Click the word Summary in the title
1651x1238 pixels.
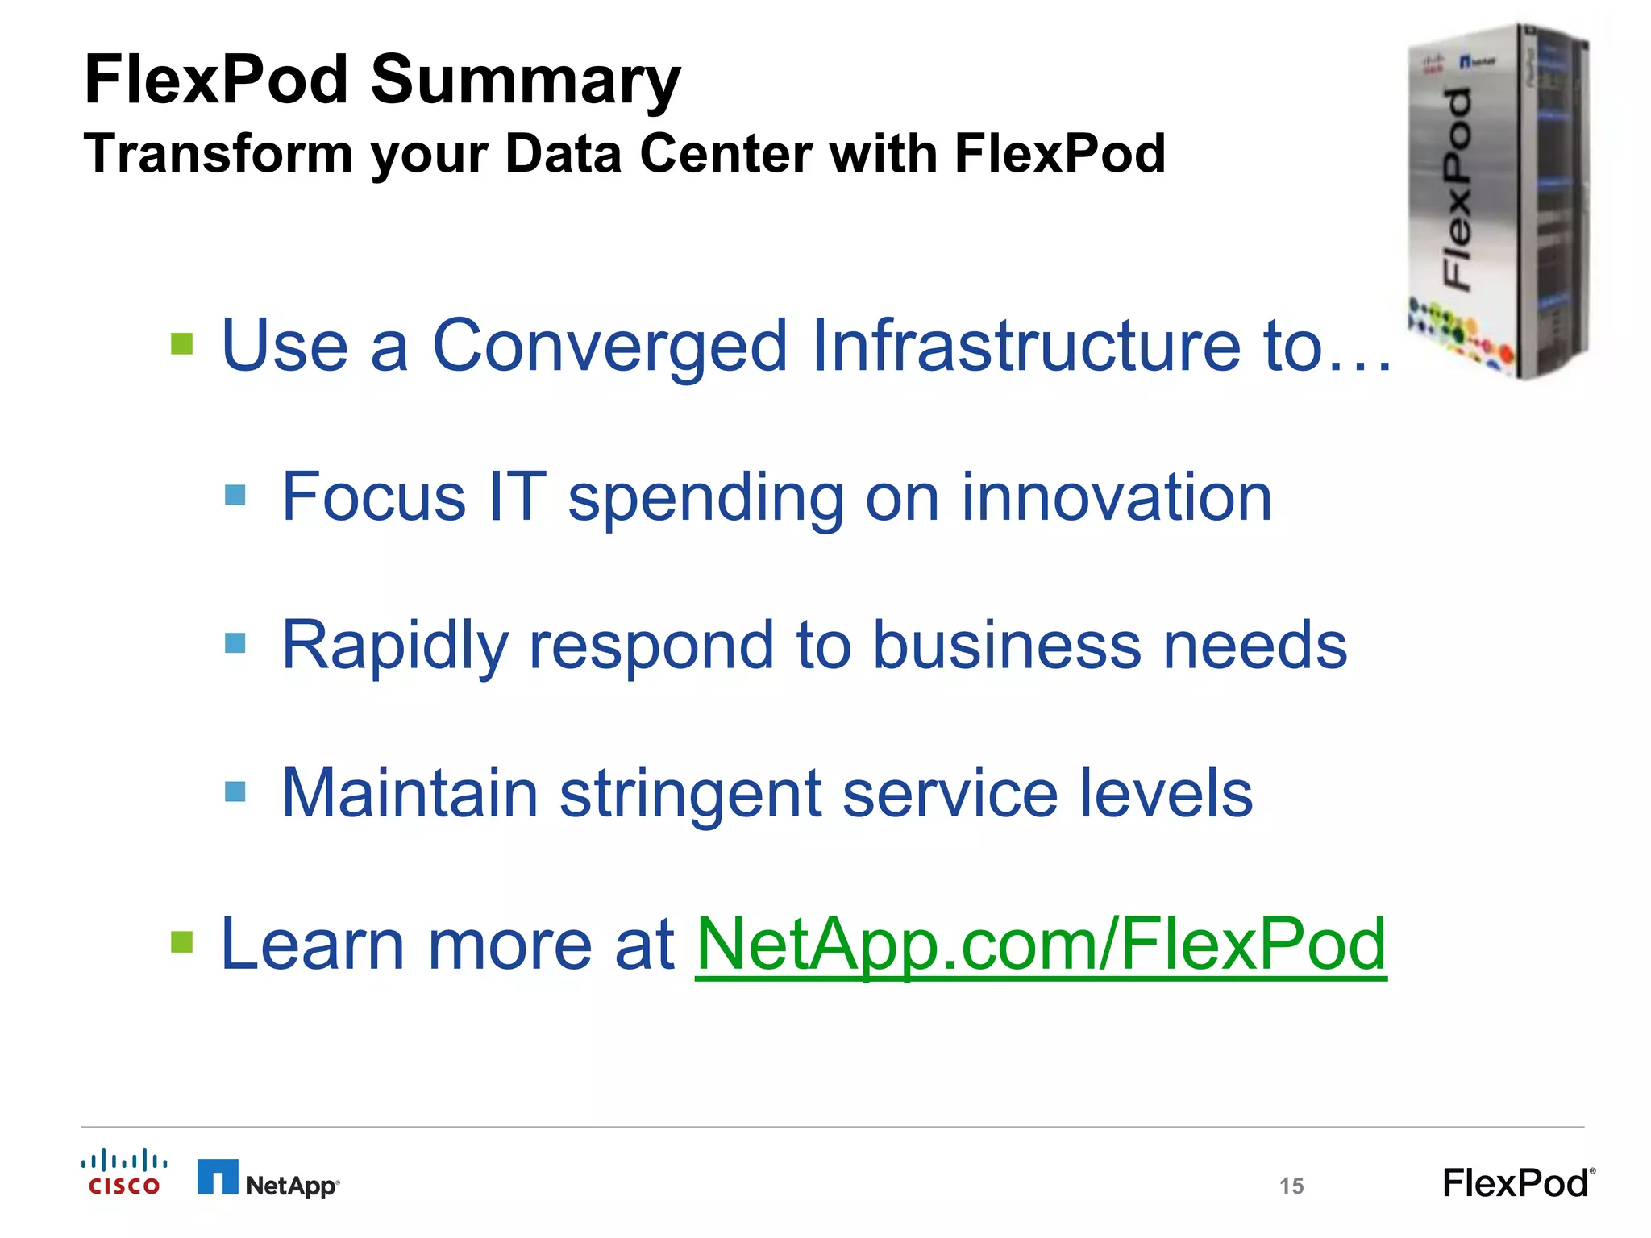pyautogui.click(x=526, y=81)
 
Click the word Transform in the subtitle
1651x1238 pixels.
pyautogui.click(x=218, y=153)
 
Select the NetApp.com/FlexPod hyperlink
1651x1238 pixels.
pyautogui.click(x=1040, y=944)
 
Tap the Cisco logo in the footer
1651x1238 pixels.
pyautogui.click(x=124, y=1173)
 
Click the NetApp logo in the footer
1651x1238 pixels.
pyautogui.click(x=268, y=1179)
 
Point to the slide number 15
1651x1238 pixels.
pyautogui.click(x=1291, y=1186)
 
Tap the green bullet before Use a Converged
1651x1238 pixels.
pyautogui.click(x=182, y=344)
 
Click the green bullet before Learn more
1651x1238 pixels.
pyautogui.click(x=182, y=941)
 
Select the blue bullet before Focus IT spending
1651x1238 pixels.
pyautogui.click(x=235, y=494)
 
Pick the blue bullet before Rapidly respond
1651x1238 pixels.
pyautogui.click(x=235, y=642)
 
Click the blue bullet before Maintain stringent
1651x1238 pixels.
pyautogui.click(x=235, y=791)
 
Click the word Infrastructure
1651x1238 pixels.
pyautogui.click(x=1026, y=345)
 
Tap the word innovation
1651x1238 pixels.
pyautogui.click(x=1117, y=496)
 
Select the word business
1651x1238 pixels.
pyautogui.click(x=1008, y=645)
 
